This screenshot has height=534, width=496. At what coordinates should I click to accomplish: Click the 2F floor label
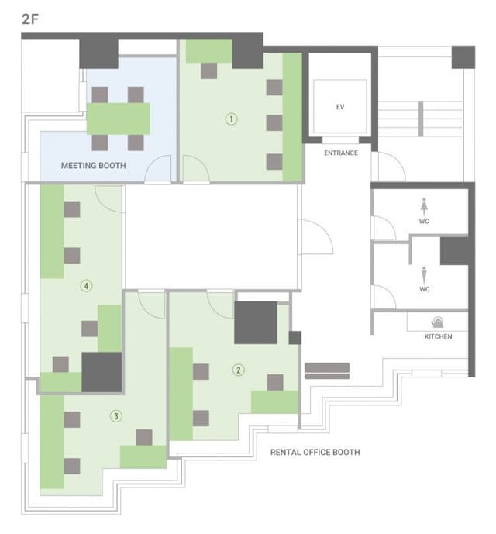(30, 19)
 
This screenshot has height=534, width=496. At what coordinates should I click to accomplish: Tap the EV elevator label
(340, 107)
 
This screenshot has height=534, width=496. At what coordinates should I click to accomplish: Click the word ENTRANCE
(341, 153)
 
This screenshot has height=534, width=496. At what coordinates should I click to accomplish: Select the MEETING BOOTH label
(93, 166)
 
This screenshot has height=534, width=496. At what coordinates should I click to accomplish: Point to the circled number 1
(231, 119)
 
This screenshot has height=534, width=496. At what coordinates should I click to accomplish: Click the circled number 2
(238, 370)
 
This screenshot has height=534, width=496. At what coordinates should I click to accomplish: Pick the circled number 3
(116, 416)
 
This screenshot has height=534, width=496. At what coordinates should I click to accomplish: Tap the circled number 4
(86, 285)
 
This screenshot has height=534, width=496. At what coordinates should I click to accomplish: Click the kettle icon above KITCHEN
(437, 322)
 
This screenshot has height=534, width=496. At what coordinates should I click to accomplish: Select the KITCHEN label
(438, 336)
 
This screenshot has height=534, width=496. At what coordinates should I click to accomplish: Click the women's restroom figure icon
(424, 206)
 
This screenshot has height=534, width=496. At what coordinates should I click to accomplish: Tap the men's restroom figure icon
(424, 275)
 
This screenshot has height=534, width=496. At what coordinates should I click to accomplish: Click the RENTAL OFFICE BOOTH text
(315, 453)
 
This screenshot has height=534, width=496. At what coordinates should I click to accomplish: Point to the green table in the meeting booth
(119, 119)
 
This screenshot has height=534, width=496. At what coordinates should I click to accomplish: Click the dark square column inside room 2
(256, 322)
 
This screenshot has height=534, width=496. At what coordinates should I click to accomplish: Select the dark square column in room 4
(102, 372)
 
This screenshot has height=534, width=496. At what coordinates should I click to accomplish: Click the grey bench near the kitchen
(327, 371)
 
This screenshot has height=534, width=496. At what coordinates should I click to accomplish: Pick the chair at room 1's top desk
(208, 71)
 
